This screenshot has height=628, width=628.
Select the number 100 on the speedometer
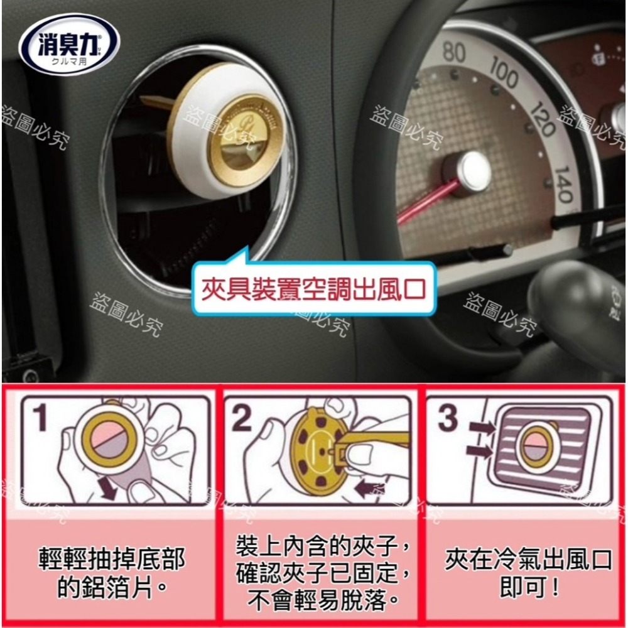point(503,75)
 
